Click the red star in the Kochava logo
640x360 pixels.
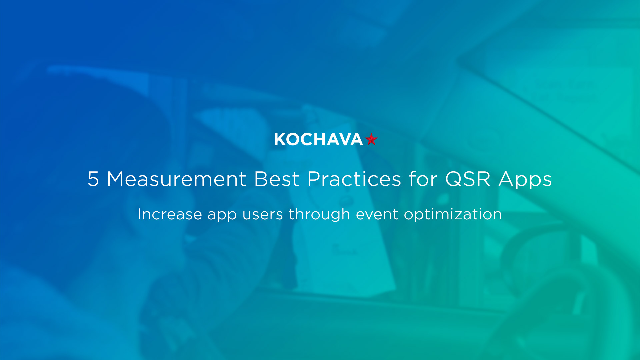click(371, 139)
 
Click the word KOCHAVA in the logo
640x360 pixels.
click(318, 140)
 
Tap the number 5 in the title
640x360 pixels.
click(93, 179)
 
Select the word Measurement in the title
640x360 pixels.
click(176, 179)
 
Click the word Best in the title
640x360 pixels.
click(276, 179)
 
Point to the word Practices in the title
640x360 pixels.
click(354, 179)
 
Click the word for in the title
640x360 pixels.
click(423, 179)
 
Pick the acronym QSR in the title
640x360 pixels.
click(468, 179)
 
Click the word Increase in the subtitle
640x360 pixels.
click(170, 214)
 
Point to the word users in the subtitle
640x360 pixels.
click(263, 214)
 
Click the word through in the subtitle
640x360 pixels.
click(319, 215)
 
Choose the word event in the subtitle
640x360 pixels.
click(377, 214)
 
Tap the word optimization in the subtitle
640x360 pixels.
click(453, 215)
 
